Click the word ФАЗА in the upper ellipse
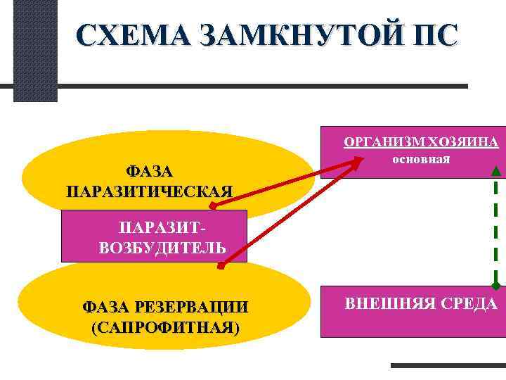pos(150,172)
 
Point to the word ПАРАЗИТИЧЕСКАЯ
pos(150,191)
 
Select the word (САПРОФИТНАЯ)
pos(165,327)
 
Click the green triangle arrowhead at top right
pos(496,170)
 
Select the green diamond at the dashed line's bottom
pos(496,285)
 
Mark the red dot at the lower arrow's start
pos(221,267)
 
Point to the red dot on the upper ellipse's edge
pos(212,206)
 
